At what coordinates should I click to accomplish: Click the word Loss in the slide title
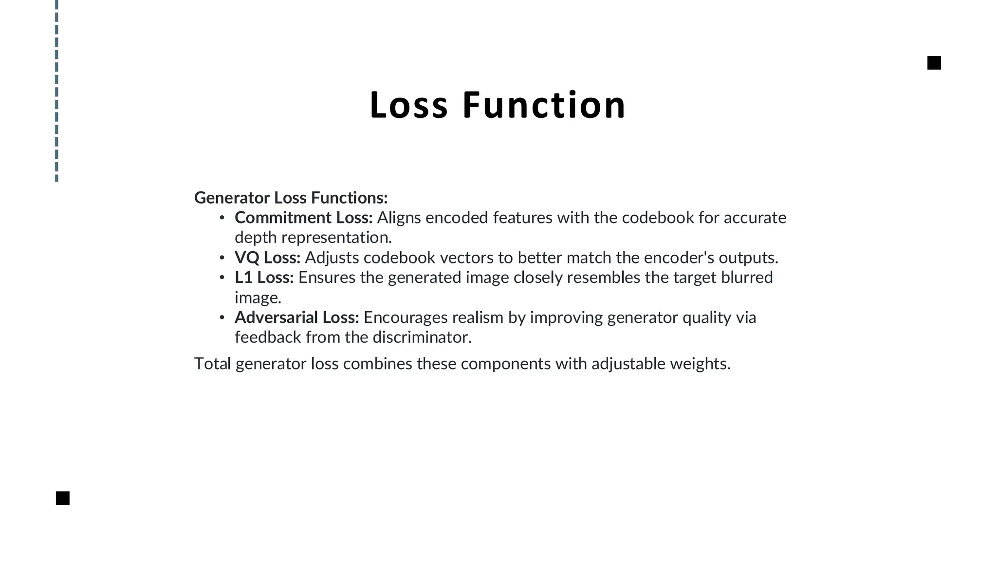pyautogui.click(x=408, y=105)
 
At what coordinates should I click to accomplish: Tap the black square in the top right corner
pyautogui.click(x=934, y=63)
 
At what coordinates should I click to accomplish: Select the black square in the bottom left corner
pyautogui.click(x=63, y=498)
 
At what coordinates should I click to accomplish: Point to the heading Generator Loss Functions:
pyautogui.click(x=291, y=198)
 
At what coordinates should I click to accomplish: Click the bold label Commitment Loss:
pyautogui.click(x=303, y=218)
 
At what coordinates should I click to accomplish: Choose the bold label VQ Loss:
pyautogui.click(x=267, y=258)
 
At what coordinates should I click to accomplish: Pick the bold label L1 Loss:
pyautogui.click(x=264, y=278)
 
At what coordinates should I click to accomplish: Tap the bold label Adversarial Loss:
pyautogui.click(x=296, y=318)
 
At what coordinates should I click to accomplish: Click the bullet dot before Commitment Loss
pyautogui.click(x=222, y=218)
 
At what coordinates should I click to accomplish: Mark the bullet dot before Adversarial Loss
pyautogui.click(x=222, y=318)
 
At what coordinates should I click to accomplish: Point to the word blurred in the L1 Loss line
pyautogui.click(x=747, y=278)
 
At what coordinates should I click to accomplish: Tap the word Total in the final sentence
pyautogui.click(x=212, y=364)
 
